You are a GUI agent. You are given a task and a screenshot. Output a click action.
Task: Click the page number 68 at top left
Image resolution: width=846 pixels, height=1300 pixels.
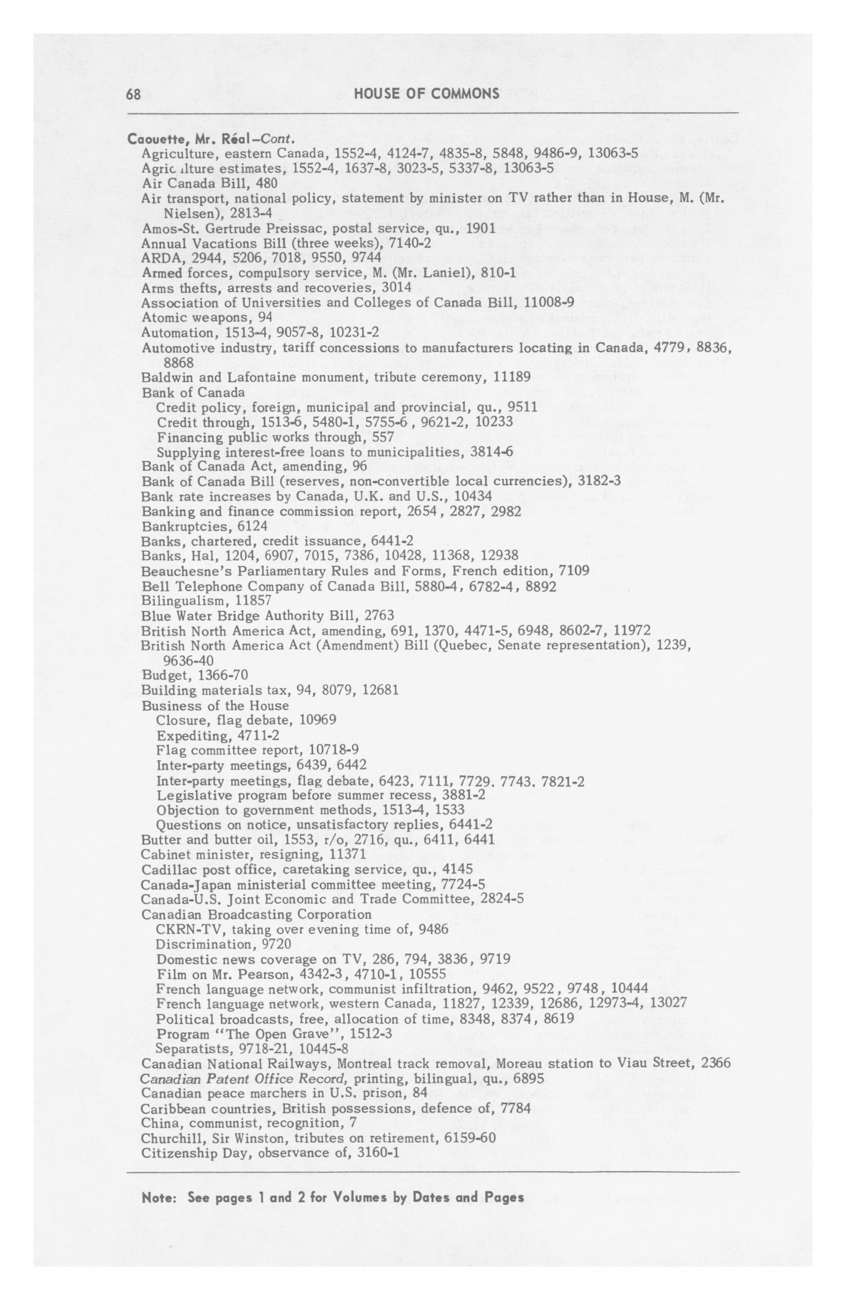(134, 94)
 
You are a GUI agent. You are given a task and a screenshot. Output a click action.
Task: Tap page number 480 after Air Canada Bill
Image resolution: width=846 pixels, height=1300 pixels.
(266, 183)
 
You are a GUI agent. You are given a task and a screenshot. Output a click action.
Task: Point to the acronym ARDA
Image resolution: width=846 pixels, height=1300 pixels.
(158, 257)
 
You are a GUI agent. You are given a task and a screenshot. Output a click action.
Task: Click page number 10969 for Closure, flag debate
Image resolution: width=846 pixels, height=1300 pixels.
(317, 721)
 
